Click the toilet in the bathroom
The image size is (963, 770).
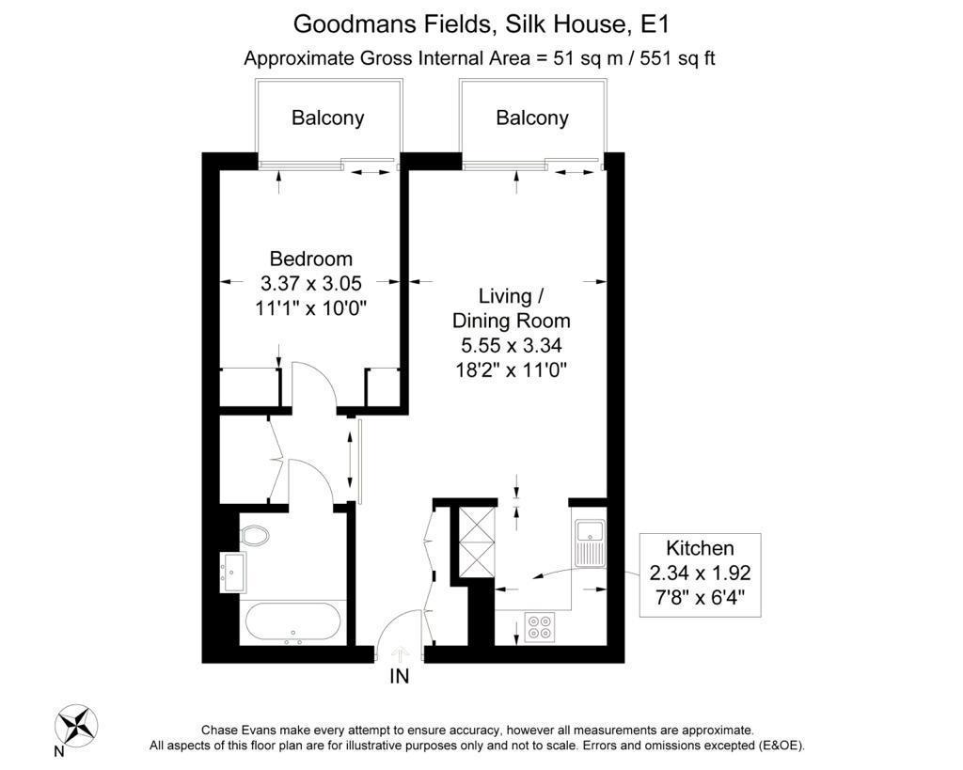pyautogui.click(x=255, y=536)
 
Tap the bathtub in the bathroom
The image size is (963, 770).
pyautogui.click(x=292, y=622)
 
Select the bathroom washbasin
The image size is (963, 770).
pyautogui.click(x=232, y=573)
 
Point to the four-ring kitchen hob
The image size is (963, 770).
pyautogui.click(x=539, y=627)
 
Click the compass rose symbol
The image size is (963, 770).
pyautogui.click(x=76, y=725)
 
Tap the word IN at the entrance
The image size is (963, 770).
pyautogui.click(x=399, y=676)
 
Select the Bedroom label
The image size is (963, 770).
pyautogui.click(x=310, y=259)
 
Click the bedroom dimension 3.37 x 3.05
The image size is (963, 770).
pyautogui.click(x=310, y=283)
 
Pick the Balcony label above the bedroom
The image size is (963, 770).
pyautogui.click(x=328, y=118)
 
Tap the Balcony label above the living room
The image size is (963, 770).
pyautogui.click(x=532, y=118)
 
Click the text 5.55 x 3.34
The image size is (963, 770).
pyautogui.click(x=512, y=345)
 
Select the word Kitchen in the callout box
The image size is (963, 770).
pyautogui.click(x=700, y=548)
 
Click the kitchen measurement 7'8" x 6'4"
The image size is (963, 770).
pyautogui.click(x=700, y=597)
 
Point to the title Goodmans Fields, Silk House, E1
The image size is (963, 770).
pyautogui.click(x=481, y=24)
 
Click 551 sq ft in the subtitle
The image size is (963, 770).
pyautogui.click(x=677, y=58)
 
